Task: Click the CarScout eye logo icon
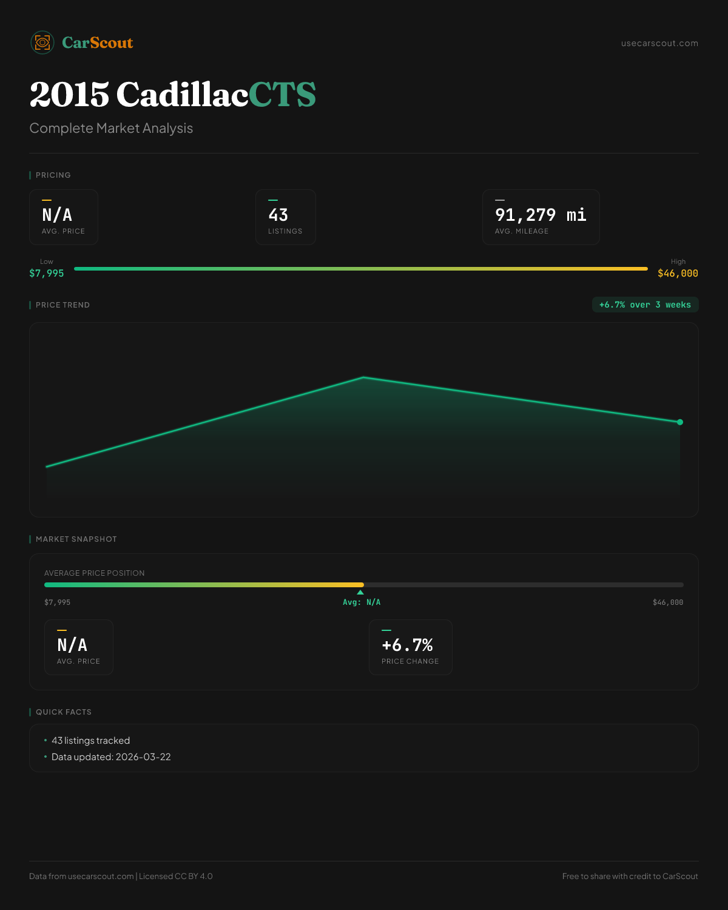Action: (42, 42)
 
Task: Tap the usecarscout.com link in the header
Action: (659, 43)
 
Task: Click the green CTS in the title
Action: (282, 95)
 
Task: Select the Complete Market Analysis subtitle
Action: (111, 128)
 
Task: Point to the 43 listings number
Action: (278, 215)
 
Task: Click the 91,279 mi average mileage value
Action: (541, 215)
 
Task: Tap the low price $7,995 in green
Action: (47, 273)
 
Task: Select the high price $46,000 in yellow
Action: (678, 273)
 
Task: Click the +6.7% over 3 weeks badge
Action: (645, 305)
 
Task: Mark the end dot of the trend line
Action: (680, 422)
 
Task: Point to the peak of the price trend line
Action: (363, 377)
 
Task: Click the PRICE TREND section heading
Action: (62, 305)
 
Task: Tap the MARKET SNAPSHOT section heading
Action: (76, 539)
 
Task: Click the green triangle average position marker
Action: (360, 592)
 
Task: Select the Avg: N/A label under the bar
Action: (362, 602)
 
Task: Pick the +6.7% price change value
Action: (407, 645)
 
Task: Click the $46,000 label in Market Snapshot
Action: (668, 602)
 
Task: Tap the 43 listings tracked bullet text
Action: (90, 741)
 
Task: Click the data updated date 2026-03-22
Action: (143, 757)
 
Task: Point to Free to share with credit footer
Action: (630, 876)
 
